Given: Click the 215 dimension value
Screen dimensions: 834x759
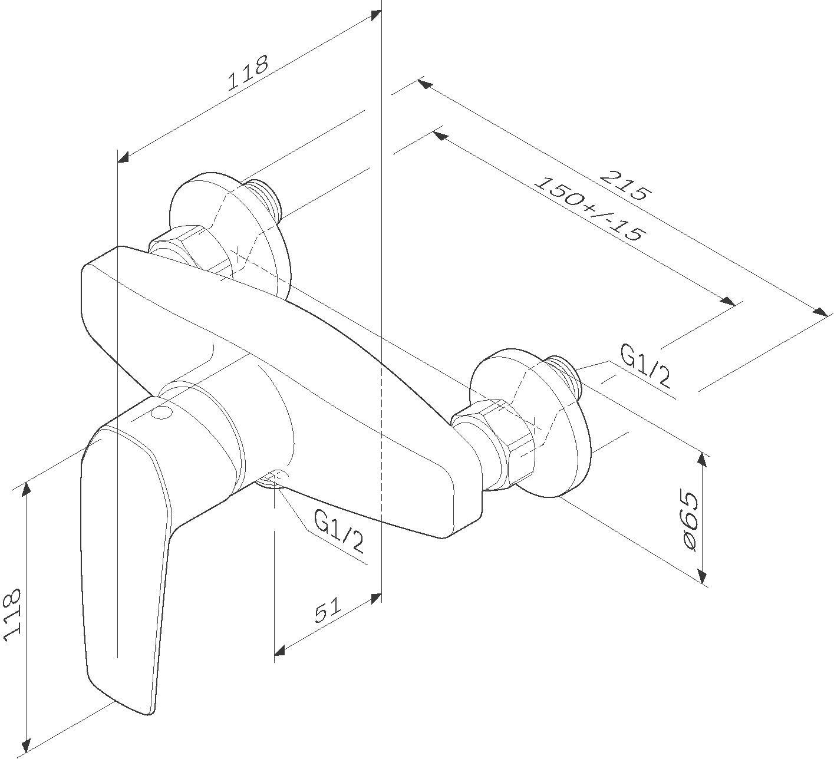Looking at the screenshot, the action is [624, 185].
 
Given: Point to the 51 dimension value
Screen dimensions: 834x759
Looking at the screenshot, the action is [327, 610].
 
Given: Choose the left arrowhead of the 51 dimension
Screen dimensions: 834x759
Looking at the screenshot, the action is [280, 649].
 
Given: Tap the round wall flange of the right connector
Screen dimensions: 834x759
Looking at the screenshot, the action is [530, 424].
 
